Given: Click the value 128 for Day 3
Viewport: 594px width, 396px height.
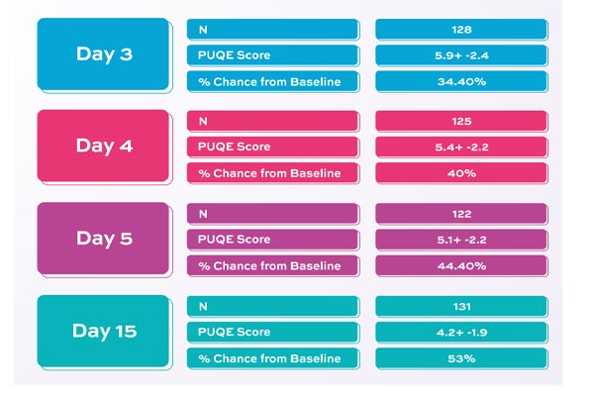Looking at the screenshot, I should [x=460, y=30].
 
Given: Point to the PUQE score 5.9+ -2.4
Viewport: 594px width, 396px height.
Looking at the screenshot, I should [x=460, y=55].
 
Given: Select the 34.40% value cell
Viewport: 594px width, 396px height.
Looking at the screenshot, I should [x=460, y=81].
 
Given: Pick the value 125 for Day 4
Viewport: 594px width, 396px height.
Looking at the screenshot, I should [x=460, y=121].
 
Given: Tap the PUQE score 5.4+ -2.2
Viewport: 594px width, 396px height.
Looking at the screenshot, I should [x=460, y=147].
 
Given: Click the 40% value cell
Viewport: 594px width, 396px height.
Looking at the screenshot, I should [x=460, y=173].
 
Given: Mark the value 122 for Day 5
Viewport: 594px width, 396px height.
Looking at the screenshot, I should [x=460, y=213].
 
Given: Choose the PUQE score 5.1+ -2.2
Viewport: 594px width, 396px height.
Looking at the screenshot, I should [x=460, y=239].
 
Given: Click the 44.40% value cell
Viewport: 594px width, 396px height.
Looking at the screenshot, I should [x=460, y=265].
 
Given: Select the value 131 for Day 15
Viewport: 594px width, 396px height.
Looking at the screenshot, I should [x=460, y=306].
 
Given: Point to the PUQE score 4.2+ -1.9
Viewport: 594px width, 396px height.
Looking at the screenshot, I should [x=460, y=332].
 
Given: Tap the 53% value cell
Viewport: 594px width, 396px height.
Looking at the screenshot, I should [x=460, y=357].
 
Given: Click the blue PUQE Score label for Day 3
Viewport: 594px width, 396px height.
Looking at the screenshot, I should [x=271, y=55].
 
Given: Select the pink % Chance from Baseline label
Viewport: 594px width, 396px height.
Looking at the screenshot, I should [x=271, y=173].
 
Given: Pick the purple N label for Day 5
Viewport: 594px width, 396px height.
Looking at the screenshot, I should [x=271, y=213].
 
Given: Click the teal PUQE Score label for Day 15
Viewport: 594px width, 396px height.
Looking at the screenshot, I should [x=271, y=332].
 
